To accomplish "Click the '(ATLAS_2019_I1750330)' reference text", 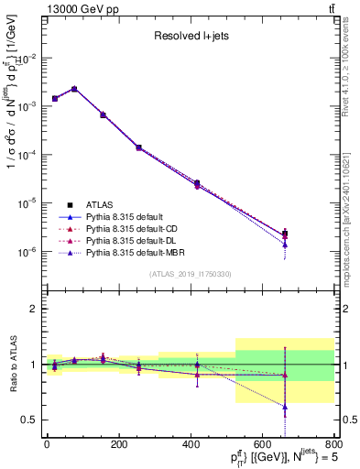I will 190,274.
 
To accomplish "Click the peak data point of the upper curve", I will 74,89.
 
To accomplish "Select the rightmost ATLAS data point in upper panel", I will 285,234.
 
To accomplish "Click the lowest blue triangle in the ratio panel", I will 285,406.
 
